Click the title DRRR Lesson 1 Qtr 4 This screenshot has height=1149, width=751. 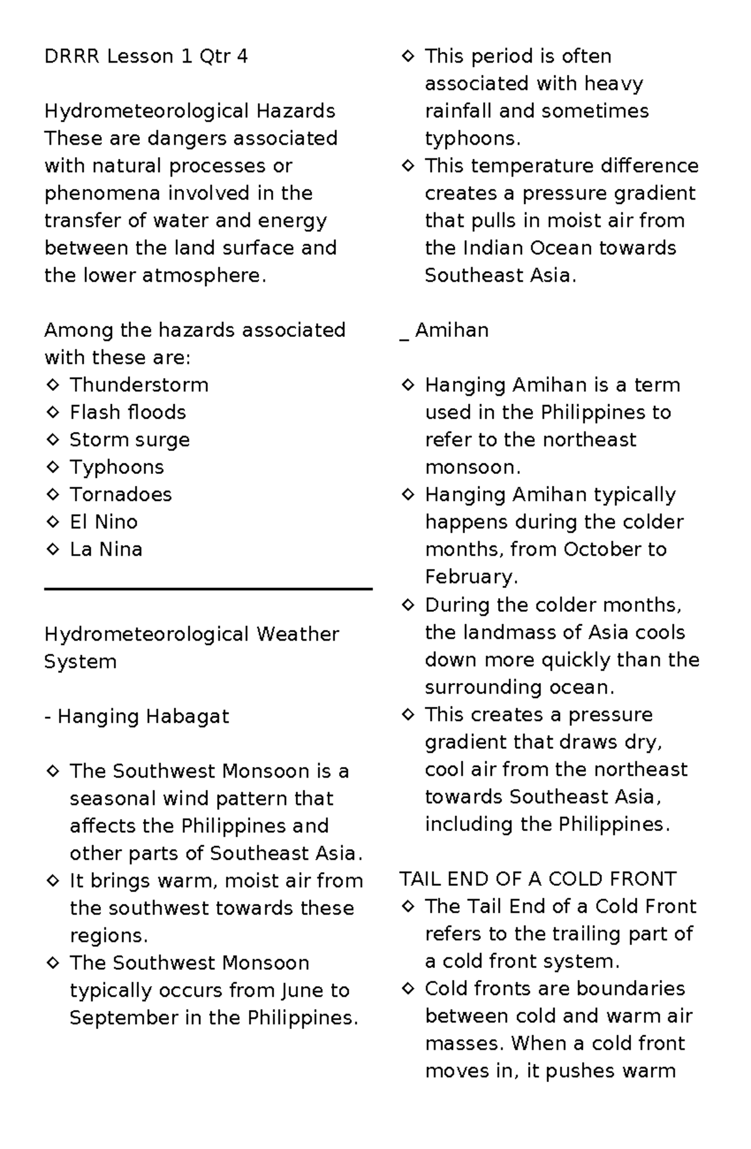pyautogui.click(x=146, y=56)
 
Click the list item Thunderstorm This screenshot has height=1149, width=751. pyautogui.click(x=139, y=385)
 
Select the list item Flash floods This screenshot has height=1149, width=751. pyautogui.click(x=128, y=413)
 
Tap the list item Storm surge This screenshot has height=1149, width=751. pyautogui.click(x=130, y=440)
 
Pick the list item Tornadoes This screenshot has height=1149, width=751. pyautogui.click(x=121, y=495)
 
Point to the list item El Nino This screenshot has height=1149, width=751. pyautogui.click(x=103, y=522)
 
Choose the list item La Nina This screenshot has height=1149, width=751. pyautogui.click(x=106, y=550)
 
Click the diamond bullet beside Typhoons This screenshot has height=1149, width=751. pyautogui.click(x=53, y=467)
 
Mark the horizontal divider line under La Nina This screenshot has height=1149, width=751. pyautogui.click(x=208, y=589)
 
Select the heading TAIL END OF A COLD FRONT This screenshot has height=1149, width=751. pyautogui.click(x=538, y=879)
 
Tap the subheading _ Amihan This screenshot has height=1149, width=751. pyautogui.click(x=444, y=331)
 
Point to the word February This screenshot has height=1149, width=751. pyautogui.click(x=470, y=577)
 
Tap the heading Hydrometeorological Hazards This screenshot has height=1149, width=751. pyautogui.click(x=190, y=111)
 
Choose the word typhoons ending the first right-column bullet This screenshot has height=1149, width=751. pyautogui.click(x=471, y=138)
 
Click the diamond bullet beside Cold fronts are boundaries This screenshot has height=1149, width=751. pyautogui.click(x=408, y=989)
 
